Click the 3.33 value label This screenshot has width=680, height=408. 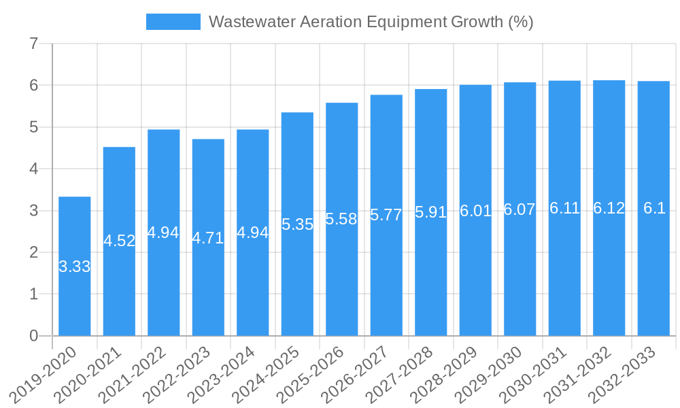75,267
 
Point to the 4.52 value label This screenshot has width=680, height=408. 119,241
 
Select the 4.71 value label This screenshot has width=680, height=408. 208,238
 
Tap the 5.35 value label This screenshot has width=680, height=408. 297,224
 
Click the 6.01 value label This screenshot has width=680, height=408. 475,211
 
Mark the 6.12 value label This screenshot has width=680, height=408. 609,208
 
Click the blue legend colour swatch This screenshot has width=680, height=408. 173,22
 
